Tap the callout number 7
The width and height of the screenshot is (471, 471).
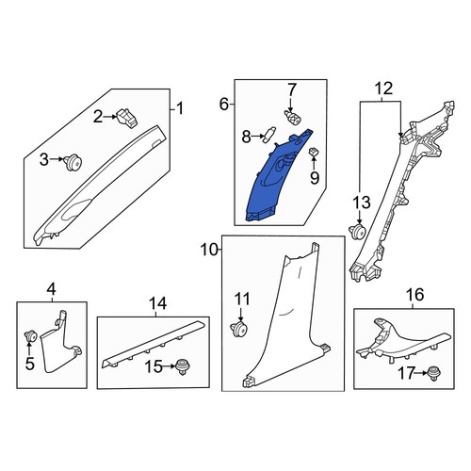click(x=292, y=89)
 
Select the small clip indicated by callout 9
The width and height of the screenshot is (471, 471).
click(x=314, y=153)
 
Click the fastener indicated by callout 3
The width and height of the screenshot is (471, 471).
click(x=73, y=163)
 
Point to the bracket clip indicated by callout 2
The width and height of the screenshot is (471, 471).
click(x=127, y=118)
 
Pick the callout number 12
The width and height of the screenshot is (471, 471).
click(x=383, y=89)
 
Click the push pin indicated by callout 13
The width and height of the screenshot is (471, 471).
click(x=358, y=232)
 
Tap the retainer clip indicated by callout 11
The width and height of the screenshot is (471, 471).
click(x=239, y=330)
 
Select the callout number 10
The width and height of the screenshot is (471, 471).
click(x=209, y=251)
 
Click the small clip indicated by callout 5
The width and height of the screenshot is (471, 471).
click(x=31, y=337)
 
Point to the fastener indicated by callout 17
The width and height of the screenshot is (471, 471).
click(x=433, y=373)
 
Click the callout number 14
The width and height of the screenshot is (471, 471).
click(x=157, y=303)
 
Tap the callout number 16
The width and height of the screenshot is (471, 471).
click(x=414, y=295)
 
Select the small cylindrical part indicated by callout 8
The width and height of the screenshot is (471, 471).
click(x=269, y=135)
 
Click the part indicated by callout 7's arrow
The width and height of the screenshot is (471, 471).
click(x=292, y=119)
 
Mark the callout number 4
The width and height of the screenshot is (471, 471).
click(x=52, y=289)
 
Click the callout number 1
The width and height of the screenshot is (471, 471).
click(x=180, y=109)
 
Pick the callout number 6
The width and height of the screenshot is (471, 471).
click(x=224, y=104)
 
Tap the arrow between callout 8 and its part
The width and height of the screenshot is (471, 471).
click(x=258, y=137)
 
